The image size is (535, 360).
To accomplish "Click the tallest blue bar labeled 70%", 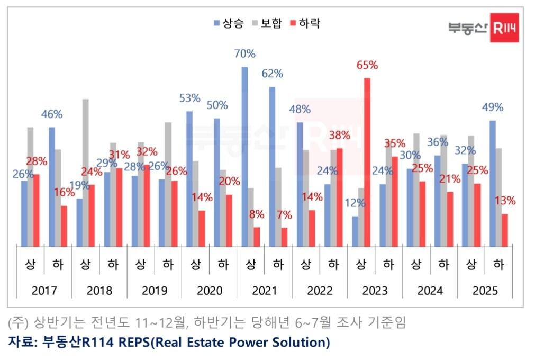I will click(x=244, y=156).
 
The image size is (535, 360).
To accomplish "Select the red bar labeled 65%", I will click(x=367, y=162).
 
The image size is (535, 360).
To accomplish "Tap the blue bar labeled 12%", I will click(x=355, y=231).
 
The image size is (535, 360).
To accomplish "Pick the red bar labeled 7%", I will click(x=284, y=237).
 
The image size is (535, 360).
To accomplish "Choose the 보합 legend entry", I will click(x=267, y=23).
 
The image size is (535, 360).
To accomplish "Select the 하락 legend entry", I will click(x=305, y=23).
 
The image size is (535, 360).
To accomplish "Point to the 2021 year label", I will click(x=264, y=291).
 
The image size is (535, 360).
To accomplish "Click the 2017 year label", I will click(x=44, y=291).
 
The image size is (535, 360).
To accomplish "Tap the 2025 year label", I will click(x=485, y=291).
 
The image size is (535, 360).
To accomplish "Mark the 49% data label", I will click(x=493, y=107).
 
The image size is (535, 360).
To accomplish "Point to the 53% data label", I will click(x=189, y=98).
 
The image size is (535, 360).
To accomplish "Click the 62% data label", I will click(x=273, y=74).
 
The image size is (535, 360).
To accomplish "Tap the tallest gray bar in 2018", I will click(x=86, y=172).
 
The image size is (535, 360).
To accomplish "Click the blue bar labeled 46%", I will click(x=52, y=186).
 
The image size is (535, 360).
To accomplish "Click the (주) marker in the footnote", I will click(x=18, y=322).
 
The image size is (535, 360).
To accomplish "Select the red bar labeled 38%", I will click(x=339, y=197).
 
